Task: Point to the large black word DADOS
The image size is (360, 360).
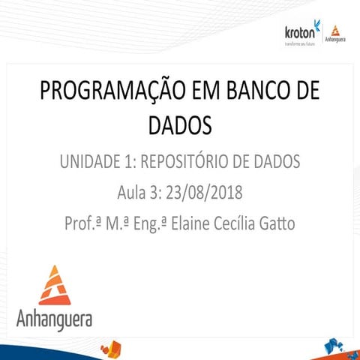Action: pos(179,124)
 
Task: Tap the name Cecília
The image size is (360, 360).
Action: pos(262,223)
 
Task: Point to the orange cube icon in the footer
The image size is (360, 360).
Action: pos(112,347)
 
